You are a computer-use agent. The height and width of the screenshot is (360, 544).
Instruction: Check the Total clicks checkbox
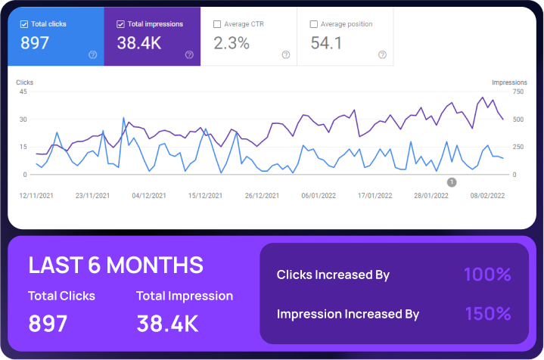point(24,24)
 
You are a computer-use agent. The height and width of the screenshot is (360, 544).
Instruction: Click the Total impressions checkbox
point(121,24)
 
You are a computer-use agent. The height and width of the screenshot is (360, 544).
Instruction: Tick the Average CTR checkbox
point(218,24)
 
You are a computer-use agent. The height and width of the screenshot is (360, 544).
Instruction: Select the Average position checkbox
point(314,24)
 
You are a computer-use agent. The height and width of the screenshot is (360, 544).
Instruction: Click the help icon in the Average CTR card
point(285,54)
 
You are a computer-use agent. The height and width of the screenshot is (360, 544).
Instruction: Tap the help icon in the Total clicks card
point(92,54)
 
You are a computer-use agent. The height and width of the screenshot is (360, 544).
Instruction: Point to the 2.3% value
point(232,43)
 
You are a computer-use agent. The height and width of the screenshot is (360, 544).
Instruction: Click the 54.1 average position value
point(327,43)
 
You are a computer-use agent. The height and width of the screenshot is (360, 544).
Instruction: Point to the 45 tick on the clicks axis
point(23,92)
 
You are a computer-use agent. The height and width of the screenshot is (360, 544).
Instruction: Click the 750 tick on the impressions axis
point(518,92)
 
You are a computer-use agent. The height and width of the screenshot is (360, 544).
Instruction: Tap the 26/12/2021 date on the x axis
point(263,195)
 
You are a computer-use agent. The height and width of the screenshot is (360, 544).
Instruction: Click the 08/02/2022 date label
point(486,195)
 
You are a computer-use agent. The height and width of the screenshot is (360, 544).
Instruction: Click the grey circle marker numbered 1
point(452,182)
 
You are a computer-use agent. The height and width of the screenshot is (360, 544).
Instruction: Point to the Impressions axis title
point(509,82)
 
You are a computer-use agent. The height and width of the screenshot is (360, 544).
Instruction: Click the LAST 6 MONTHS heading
point(116,265)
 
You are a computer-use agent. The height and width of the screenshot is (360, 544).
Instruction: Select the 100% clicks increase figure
point(488,275)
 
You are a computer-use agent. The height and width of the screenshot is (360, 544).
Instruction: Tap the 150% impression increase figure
point(488,313)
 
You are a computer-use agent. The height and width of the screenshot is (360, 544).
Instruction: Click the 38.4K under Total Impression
point(167,324)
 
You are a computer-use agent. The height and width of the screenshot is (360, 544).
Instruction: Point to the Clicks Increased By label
point(333,275)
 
